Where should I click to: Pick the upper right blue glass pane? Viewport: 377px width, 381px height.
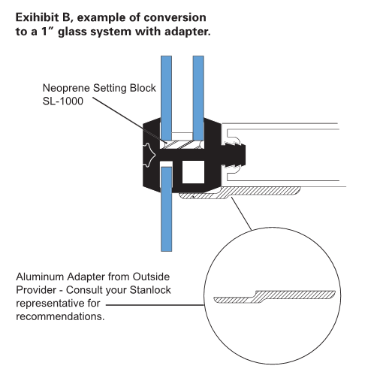point(199,90)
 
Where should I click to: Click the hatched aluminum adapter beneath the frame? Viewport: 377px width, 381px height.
point(218,198)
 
